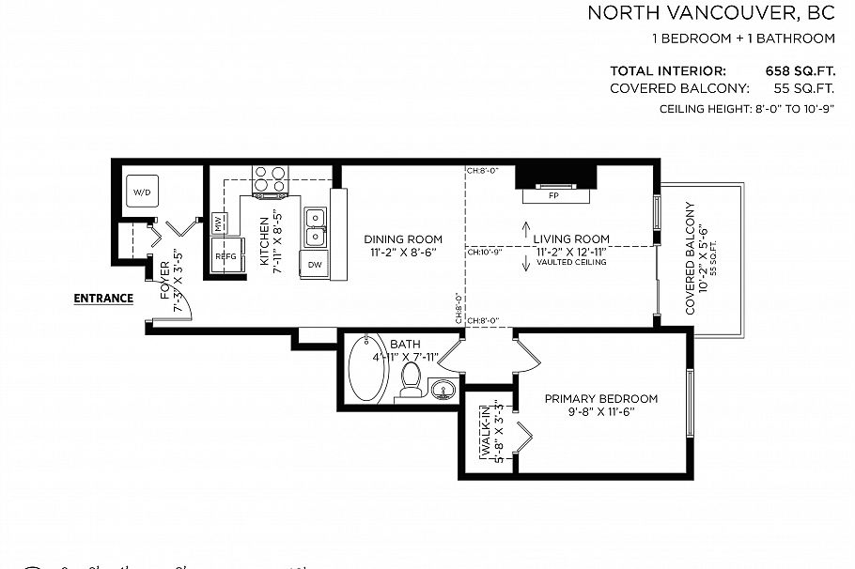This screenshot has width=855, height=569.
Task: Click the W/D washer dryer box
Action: pyautogui.click(x=142, y=192)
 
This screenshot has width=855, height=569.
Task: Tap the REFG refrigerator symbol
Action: pyautogui.click(x=226, y=255)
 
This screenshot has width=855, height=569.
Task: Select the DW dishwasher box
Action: pyautogui.click(x=314, y=265)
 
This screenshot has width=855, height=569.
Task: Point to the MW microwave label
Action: pyautogui.click(x=219, y=224)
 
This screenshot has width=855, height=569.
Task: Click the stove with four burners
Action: pyautogui.click(x=270, y=178)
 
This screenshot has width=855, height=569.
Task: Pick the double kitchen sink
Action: pyautogui.click(x=315, y=226)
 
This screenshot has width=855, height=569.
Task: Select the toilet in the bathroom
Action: pyautogui.click(x=411, y=377)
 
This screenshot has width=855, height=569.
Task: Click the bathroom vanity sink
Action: pyautogui.click(x=443, y=388)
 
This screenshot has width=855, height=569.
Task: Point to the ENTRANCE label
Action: pyautogui.click(x=103, y=299)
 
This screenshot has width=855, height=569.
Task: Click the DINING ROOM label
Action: pyautogui.click(x=403, y=239)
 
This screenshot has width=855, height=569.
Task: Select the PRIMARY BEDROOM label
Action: pyautogui.click(x=601, y=398)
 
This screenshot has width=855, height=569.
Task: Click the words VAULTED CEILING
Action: pyautogui.click(x=571, y=262)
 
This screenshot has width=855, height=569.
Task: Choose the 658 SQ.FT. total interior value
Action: pyautogui.click(x=800, y=71)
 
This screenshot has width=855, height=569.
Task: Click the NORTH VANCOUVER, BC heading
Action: pyautogui.click(x=710, y=13)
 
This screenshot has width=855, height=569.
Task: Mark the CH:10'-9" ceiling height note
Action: pyautogui.click(x=486, y=252)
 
